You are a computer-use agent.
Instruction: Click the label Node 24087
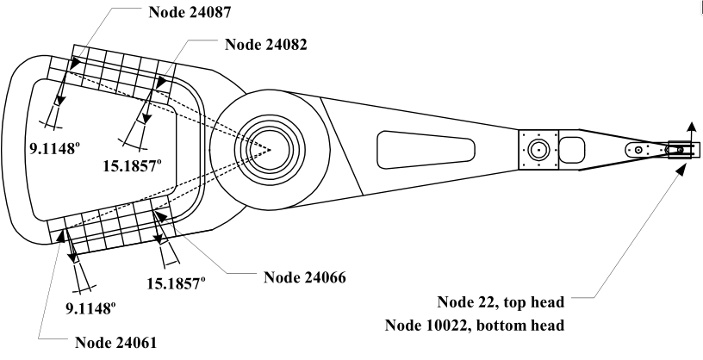189,13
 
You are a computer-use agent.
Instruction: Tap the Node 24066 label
304,276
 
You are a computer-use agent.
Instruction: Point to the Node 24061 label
116,341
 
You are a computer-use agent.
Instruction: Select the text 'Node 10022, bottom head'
475,326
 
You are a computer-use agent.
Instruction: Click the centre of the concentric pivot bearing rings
270,149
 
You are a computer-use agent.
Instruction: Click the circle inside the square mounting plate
539,148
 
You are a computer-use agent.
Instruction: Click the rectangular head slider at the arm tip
680,149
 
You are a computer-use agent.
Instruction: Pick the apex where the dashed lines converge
271,149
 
